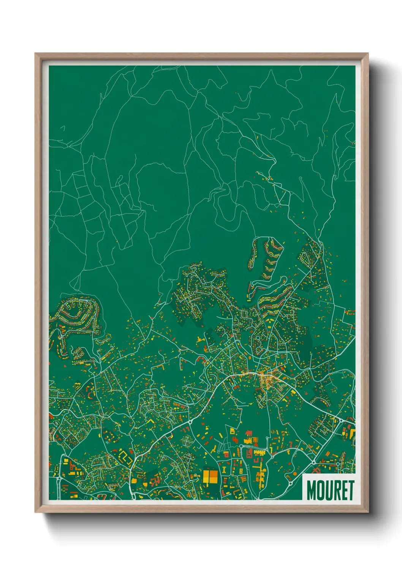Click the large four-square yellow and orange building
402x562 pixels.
(x=210, y=477)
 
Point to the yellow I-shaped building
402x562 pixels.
(x=224, y=470)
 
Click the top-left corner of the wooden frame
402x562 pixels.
(x=35, y=54)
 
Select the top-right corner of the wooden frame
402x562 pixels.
(x=368, y=54)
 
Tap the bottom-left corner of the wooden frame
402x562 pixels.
(x=35, y=512)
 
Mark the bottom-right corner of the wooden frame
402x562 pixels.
(x=368, y=512)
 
